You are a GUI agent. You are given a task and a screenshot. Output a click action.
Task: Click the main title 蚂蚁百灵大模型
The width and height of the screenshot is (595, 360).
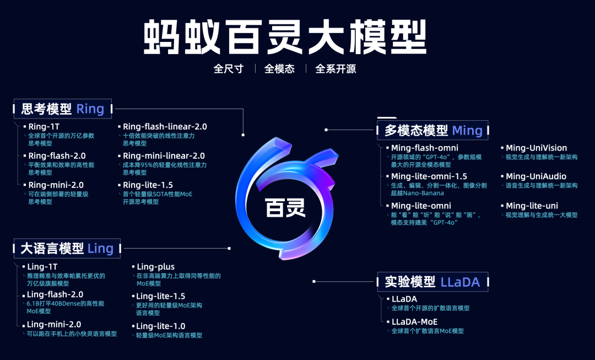(x=285, y=37)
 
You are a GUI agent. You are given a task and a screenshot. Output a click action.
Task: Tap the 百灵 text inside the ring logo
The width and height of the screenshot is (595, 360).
(x=285, y=208)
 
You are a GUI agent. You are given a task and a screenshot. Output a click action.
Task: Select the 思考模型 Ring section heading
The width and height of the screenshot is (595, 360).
(x=62, y=109)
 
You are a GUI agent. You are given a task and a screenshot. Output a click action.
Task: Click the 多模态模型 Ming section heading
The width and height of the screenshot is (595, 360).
(x=432, y=131)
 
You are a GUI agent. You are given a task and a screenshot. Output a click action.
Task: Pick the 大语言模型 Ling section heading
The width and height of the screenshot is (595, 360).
(x=67, y=249)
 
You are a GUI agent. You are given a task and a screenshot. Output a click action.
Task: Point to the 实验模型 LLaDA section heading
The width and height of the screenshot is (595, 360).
(x=432, y=282)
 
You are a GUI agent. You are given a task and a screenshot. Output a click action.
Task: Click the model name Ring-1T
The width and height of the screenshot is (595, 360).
(x=44, y=126)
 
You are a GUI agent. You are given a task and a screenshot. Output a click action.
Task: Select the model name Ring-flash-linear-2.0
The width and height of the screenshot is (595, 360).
(x=165, y=126)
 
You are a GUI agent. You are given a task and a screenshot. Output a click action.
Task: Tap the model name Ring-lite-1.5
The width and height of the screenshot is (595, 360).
(x=148, y=185)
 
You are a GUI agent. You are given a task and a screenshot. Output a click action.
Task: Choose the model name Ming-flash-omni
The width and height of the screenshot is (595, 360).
(x=424, y=148)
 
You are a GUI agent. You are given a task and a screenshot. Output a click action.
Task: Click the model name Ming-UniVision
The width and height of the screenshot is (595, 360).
(x=536, y=148)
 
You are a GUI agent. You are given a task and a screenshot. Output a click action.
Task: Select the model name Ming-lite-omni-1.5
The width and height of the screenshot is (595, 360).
(x=429, y=176)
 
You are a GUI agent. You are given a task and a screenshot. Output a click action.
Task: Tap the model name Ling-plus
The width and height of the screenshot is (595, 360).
(x=155, y=267)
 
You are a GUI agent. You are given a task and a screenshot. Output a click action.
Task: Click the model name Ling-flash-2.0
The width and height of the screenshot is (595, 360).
(x=55, y=294)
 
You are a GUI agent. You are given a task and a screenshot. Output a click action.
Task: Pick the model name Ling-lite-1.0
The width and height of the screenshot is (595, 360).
(x=160, y=326)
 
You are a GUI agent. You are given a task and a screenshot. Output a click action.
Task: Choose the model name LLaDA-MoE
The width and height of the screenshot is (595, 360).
(x=414, y=321)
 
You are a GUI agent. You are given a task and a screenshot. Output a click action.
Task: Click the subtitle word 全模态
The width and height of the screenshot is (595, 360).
(x=279, y=69)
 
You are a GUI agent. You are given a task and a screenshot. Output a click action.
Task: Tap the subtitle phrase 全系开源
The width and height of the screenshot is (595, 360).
(x=336, y=69)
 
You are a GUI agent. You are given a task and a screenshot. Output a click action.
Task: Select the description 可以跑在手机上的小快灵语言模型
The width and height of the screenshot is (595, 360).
(x=72, y=334)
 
